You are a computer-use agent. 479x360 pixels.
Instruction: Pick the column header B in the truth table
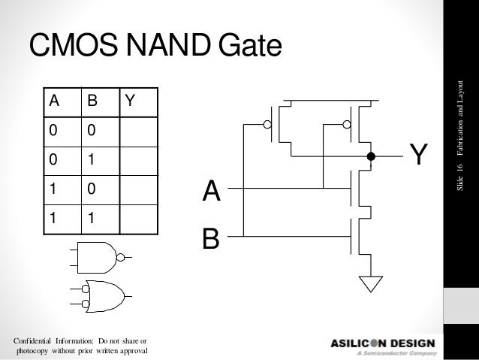pos(92,101)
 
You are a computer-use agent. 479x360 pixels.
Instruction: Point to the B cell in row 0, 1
pos(92,159)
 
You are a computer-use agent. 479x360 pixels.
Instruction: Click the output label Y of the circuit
pos(419,156)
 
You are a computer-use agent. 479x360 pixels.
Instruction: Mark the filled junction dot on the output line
pos(370,157)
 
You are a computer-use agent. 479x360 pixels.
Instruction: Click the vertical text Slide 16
pos(464,179)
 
